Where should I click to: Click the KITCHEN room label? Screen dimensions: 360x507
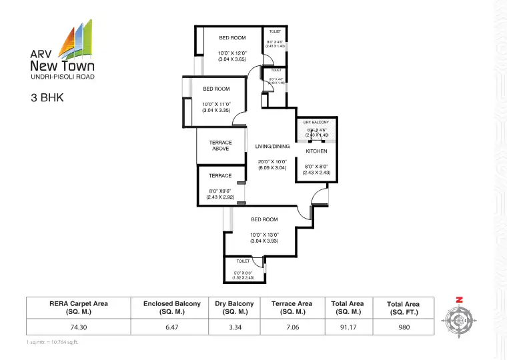[316, 151]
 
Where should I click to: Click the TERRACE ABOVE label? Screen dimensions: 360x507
[221, 145]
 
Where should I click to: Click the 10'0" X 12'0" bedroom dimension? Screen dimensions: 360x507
[233, 53]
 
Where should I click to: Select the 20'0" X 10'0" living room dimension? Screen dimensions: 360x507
[272, 161]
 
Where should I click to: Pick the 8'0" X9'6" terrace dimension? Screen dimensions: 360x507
[221, 191]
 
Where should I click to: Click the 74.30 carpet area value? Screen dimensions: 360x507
[79, 327]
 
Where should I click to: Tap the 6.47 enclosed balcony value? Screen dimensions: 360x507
[172, 327]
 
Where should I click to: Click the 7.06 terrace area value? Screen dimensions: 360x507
[292, 327]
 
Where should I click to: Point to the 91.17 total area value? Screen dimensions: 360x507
[348, 327]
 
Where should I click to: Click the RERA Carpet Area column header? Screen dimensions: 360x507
[79, 307]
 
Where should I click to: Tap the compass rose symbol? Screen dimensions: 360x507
[460, 318]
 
